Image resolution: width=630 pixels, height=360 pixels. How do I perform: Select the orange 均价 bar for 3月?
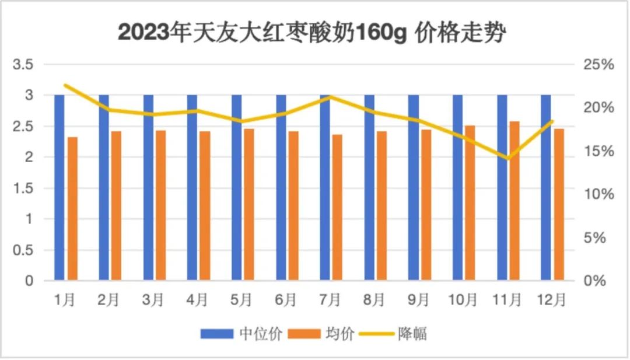click(160, 205)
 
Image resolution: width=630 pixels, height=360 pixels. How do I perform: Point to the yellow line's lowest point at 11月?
click(507, 158)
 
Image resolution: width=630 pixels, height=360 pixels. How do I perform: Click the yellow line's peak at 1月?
click(65, 85)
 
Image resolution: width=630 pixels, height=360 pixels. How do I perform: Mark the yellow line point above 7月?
click(330, 97)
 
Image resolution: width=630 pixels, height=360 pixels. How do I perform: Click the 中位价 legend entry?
click(242, 334)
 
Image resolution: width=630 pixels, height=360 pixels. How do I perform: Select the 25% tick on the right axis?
click(598, 65)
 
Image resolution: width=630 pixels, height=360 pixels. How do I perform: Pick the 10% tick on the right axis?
click(598, 194)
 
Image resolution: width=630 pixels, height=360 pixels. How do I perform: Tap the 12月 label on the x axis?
click(551, 300)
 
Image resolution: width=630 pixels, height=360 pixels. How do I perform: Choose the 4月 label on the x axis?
click(198, 300)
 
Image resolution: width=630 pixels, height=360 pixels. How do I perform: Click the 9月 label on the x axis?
click(418, 300)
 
